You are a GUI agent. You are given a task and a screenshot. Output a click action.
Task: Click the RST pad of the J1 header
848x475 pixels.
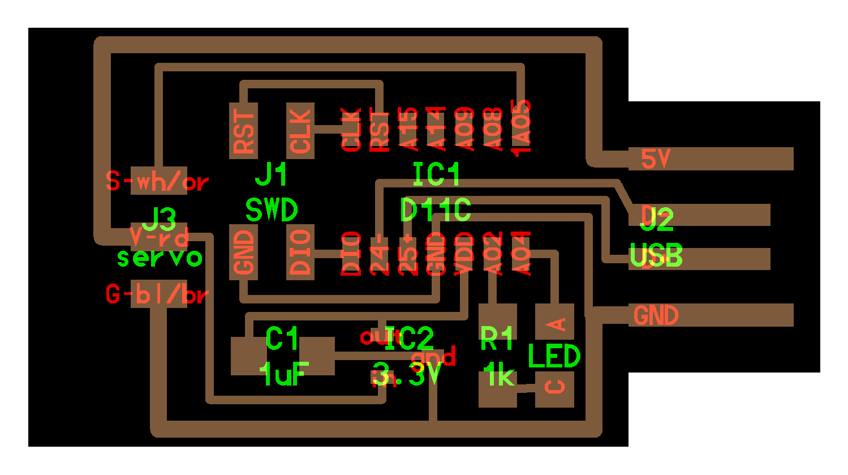pyautogui.click(x=243, y=130)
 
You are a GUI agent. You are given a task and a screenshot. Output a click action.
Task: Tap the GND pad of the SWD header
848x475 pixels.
pyautogui.click(x=243, y=251)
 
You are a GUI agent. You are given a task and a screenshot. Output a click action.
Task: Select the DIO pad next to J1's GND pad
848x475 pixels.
pyautogui.click(x=300, y=251)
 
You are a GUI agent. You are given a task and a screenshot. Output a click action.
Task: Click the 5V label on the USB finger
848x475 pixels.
pyautogui.click(x=655, y=159)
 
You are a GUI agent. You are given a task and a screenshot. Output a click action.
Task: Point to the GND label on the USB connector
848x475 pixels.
pyautogui.click(x=655, y=315)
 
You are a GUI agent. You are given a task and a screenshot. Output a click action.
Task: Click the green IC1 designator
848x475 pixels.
pyautogui.click(x=436, y=174)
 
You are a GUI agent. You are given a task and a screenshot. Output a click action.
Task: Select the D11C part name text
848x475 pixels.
pyautogui.click(x=435, y=210)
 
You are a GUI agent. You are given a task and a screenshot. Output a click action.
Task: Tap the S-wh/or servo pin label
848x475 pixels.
pyautogui.click(x=157, y=181)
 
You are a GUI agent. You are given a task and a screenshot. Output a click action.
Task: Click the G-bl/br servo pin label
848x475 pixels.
pyautogui.click(x=157, y=294)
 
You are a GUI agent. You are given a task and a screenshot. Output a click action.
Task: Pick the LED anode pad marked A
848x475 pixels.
pyautogui.click(x=555, y=322)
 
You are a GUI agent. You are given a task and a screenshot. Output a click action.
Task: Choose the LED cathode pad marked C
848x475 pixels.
pyautogui.click(x=555, y=388)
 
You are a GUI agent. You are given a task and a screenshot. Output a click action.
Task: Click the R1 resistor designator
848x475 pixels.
pyautogui.click(x=496, y=338)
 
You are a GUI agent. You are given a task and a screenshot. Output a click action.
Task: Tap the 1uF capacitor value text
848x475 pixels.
pyautogui.click(x=283, y=374)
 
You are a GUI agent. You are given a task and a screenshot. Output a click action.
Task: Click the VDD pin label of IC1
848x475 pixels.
pyautogui.click(x=464, y=253)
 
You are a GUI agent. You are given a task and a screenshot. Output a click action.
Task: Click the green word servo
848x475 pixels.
pyautogui.click(x=160, y=258)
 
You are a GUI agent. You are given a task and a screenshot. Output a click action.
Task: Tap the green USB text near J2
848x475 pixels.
pyautogui.click(x=656, y=256)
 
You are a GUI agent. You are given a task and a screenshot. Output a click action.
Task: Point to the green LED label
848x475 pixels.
pyautogui.click(x=554, y=357)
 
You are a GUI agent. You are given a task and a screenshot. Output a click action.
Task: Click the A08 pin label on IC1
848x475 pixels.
pyautogui.click(x=493, y=129)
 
